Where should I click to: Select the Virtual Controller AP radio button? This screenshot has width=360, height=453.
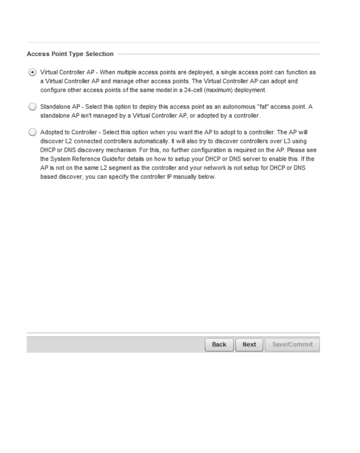click(33, 72)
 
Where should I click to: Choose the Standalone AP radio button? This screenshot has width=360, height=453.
click(33, 107)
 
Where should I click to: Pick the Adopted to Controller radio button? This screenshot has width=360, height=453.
click(33, 132)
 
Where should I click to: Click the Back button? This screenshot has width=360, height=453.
click(219, 345)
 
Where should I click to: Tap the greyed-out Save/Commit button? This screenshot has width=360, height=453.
click(292, 345)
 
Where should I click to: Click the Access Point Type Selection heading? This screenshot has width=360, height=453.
click(70, 54)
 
